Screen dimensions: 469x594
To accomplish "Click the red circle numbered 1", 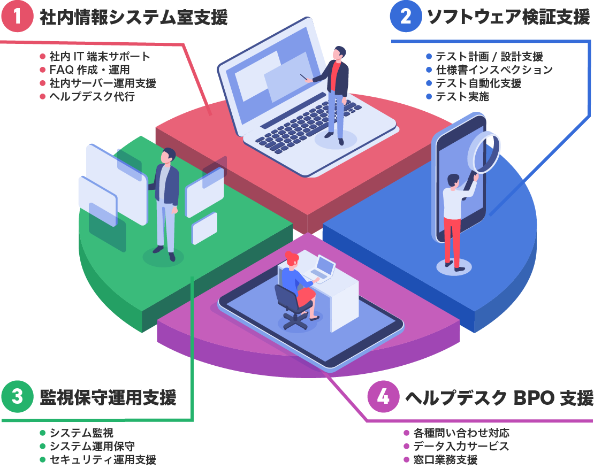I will coord(17,17).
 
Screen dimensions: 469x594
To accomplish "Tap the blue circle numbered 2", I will coord(405,17).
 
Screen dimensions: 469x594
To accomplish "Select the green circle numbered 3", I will coord(17,396).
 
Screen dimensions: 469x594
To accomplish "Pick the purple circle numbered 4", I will coord(384,396).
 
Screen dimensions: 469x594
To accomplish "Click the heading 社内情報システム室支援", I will coord(133,18).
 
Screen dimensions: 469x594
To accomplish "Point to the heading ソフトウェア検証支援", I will coord(508,18).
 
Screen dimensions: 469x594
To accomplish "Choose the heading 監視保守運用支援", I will coord(108,397).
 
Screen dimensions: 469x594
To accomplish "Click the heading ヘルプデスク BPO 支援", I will coord(499,397).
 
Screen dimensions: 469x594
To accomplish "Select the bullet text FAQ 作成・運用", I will coord(89,70).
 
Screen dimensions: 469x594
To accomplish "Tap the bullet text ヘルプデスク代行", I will coord(92,97).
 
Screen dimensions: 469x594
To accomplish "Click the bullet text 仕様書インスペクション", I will coord(494,70).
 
